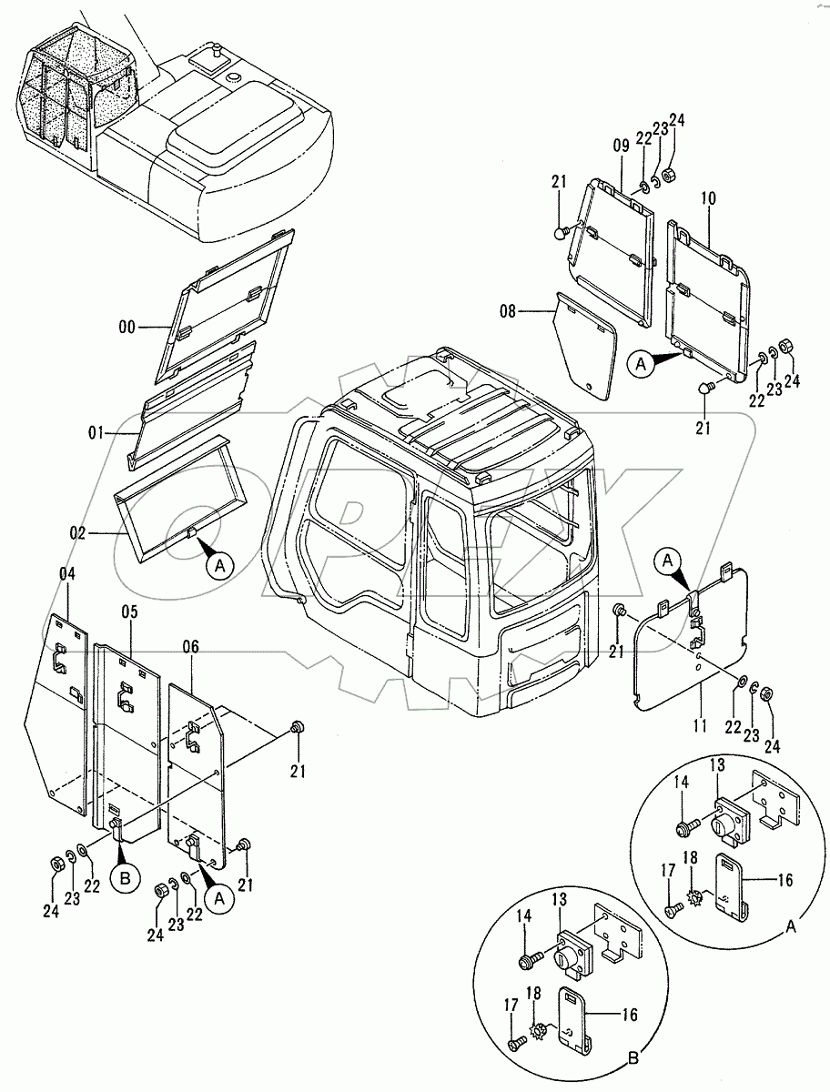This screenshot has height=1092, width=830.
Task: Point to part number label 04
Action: tap(67, 573)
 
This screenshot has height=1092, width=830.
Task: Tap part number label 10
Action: tap(709, 197)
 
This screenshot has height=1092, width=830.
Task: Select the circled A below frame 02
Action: tap(218, 565)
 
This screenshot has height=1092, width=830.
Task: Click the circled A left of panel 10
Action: tap(640, 364)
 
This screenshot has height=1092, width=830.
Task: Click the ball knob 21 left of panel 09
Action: tap(560, 234)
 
